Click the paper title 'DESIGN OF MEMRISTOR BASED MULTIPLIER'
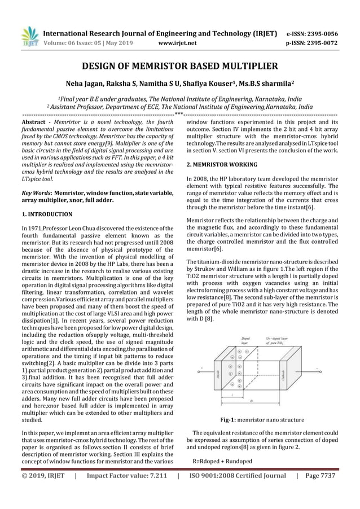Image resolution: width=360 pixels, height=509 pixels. click(x=180, y=65)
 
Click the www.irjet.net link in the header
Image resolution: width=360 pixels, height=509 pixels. click(x=178, y=42)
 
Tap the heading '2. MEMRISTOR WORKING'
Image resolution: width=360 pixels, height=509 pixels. click(x=222, y=165)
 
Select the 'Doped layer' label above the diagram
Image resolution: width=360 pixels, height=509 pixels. click(x=245, y=341)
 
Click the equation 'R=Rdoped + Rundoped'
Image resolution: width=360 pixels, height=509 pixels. click(x=222, y=462)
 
